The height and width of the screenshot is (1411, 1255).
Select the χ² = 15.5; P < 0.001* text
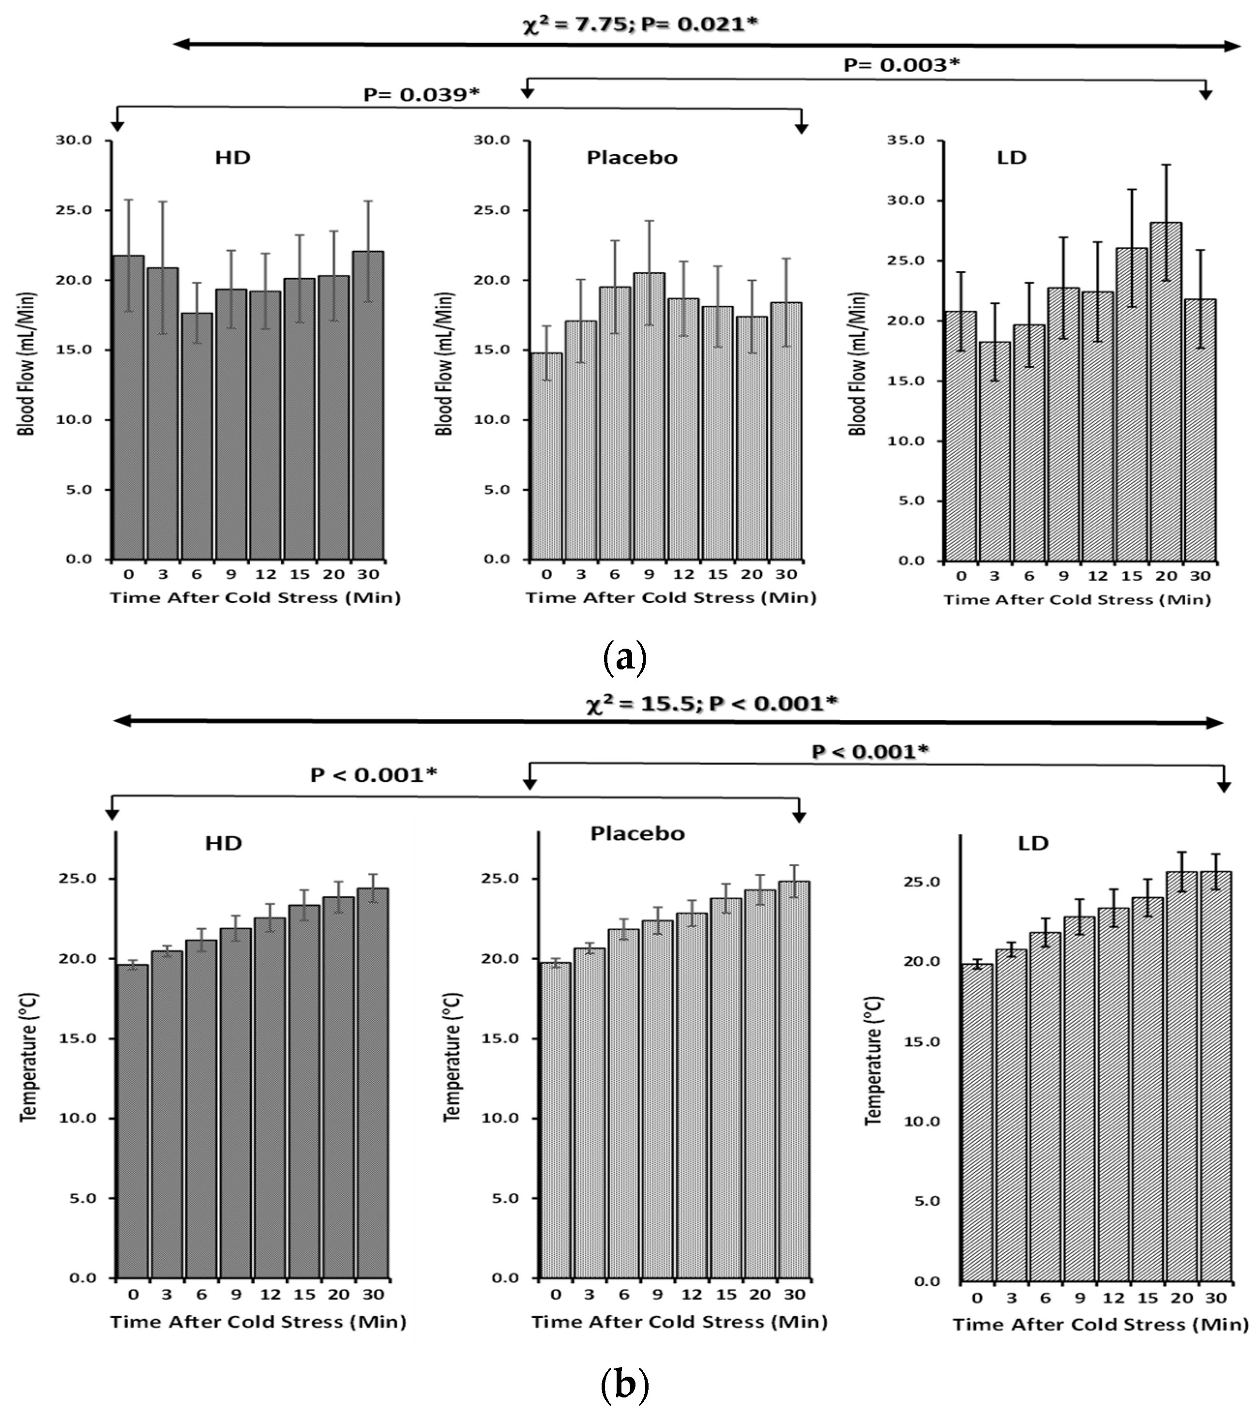click(711, 704)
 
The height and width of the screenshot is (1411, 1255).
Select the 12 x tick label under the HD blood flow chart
click(265, 574)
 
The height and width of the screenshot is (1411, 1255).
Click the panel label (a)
click(625, 657)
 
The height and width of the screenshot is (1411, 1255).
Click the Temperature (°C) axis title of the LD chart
click(874, 1060)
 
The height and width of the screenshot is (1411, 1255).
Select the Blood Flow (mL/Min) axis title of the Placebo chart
click(444, 364)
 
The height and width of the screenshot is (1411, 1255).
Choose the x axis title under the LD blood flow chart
click(1077, 599)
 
